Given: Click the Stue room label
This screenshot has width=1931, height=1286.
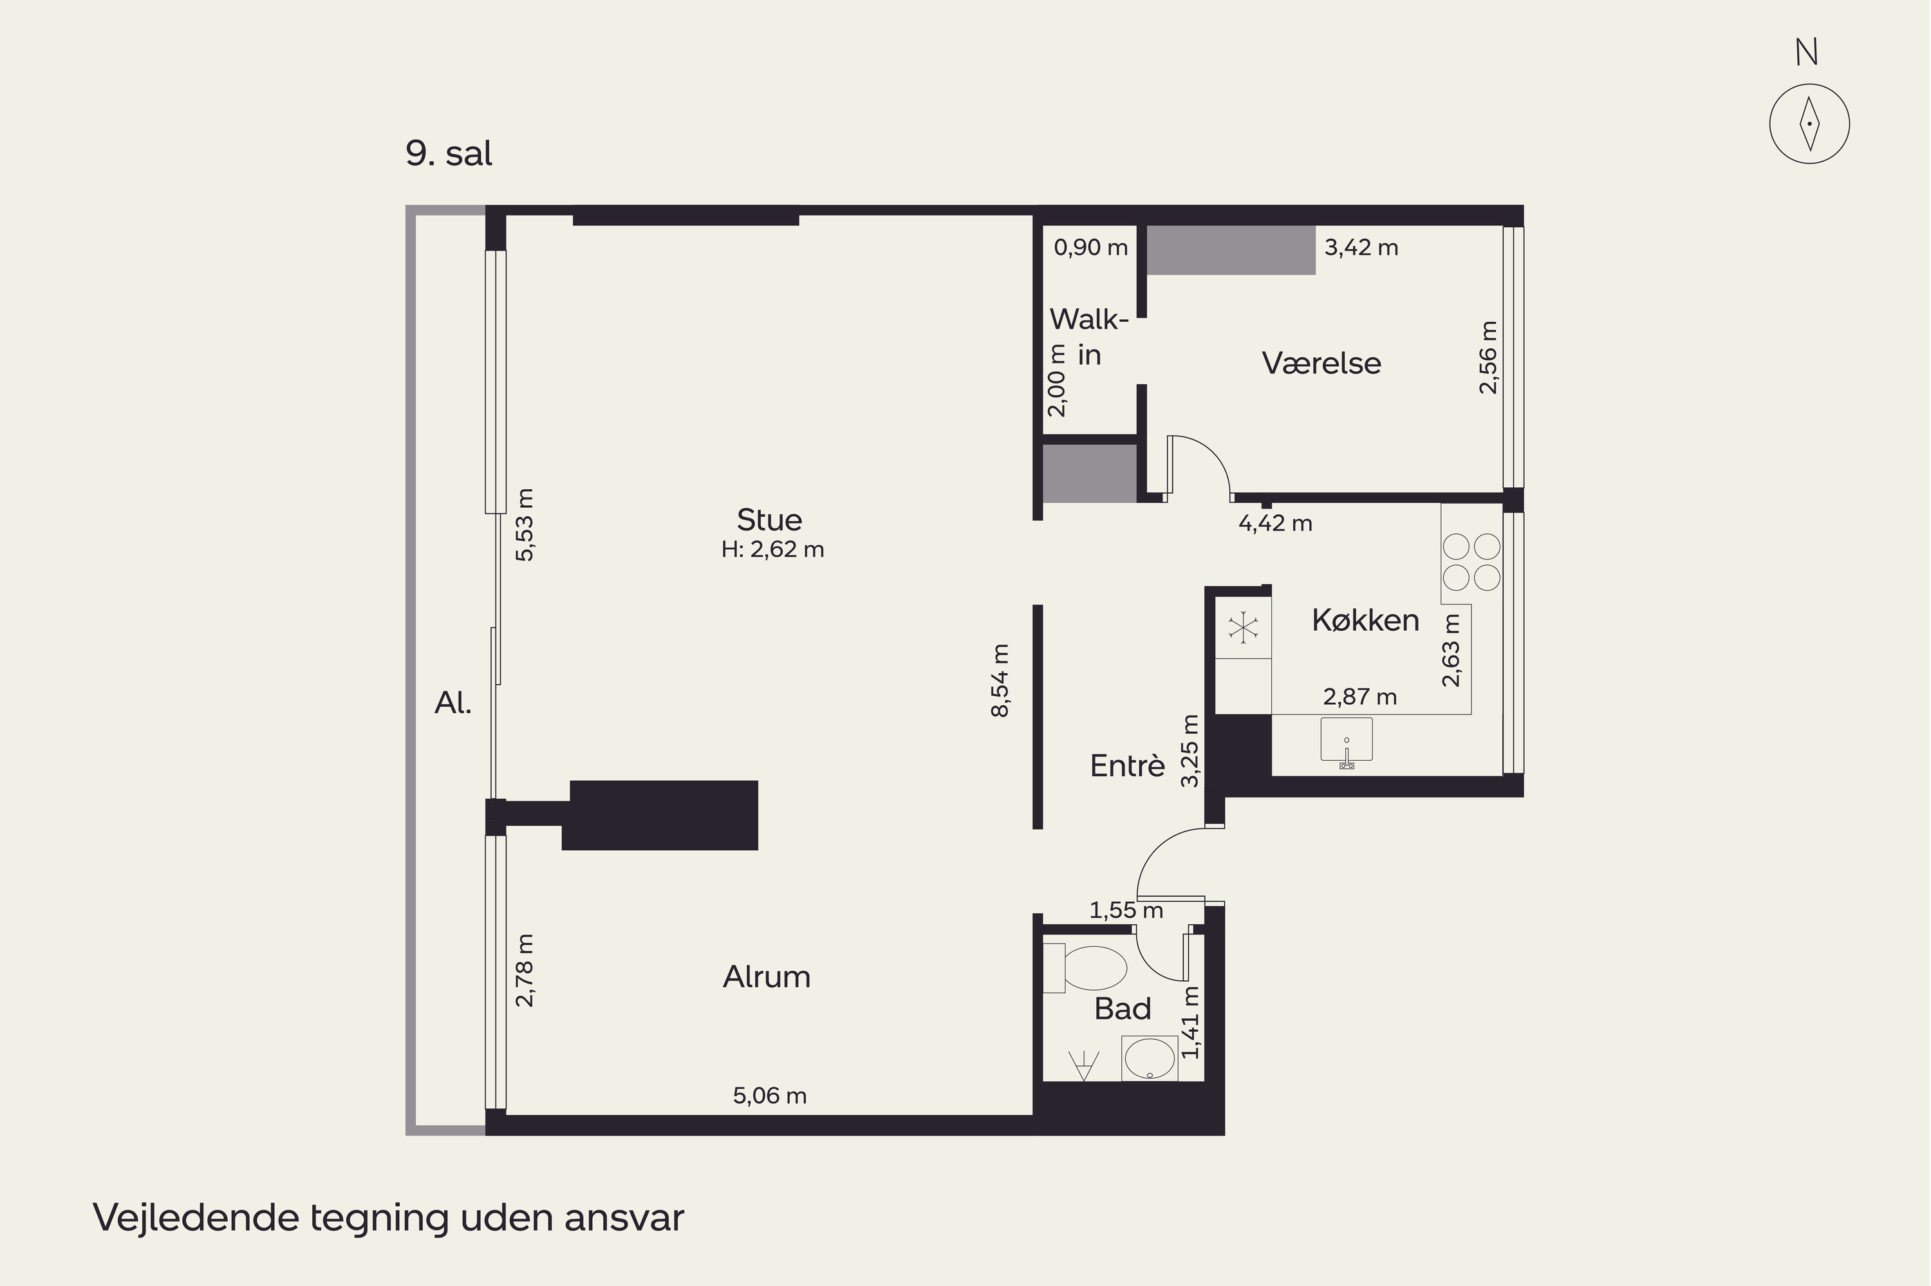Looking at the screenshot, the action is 769,520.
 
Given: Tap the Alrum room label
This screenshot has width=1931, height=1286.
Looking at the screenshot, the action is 767,977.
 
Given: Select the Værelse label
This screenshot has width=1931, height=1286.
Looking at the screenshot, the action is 1321,362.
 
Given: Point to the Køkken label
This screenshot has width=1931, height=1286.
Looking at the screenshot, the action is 1365,620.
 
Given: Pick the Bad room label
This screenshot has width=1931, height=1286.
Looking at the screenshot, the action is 1123,1009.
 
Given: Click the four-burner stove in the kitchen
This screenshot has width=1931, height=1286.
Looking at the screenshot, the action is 1471,563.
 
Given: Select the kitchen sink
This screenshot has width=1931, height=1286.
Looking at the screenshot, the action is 1347,742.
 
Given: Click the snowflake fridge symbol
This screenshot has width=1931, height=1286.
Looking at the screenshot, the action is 1243,629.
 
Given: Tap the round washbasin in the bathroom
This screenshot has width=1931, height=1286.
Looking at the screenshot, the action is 1150,1058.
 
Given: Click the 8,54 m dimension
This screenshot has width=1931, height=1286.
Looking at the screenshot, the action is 1000,681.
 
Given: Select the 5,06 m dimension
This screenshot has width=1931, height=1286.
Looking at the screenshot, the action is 769,1095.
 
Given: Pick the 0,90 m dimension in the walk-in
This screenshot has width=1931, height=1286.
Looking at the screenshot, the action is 1090,248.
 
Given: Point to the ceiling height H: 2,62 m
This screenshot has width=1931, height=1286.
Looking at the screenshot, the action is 772,550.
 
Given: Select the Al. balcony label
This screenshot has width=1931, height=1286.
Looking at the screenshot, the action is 452,703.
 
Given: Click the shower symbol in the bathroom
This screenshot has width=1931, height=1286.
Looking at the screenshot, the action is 1083,1065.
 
